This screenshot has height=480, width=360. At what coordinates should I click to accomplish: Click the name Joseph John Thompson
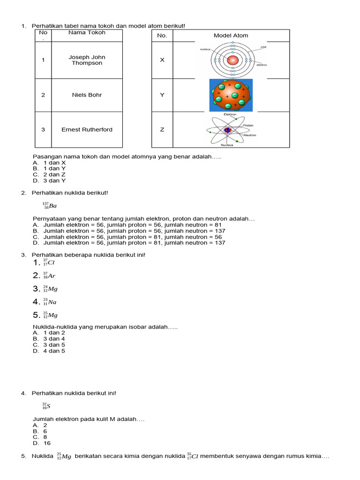(87, 60)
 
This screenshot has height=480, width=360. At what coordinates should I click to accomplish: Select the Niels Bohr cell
(87, 95)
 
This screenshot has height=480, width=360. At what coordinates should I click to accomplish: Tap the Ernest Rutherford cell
(87, 129)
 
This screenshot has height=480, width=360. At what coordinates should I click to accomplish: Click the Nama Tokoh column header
(87, 33)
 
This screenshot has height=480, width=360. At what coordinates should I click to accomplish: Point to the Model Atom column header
(231, 36)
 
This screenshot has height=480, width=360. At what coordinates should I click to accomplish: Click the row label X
(162, 60)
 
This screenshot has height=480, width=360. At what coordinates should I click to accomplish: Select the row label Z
(162, 129)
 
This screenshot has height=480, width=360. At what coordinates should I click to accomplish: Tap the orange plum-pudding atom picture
(231, 95)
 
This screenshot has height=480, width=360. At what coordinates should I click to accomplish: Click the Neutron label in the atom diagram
(249, 135)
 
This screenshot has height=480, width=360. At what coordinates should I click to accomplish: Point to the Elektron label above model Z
(230, 114)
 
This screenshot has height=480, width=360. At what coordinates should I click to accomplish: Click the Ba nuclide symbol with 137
(49, 205)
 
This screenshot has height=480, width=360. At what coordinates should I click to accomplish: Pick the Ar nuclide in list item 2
(49, 276)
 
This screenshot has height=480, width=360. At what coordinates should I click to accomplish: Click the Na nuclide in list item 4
(49, 302)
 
